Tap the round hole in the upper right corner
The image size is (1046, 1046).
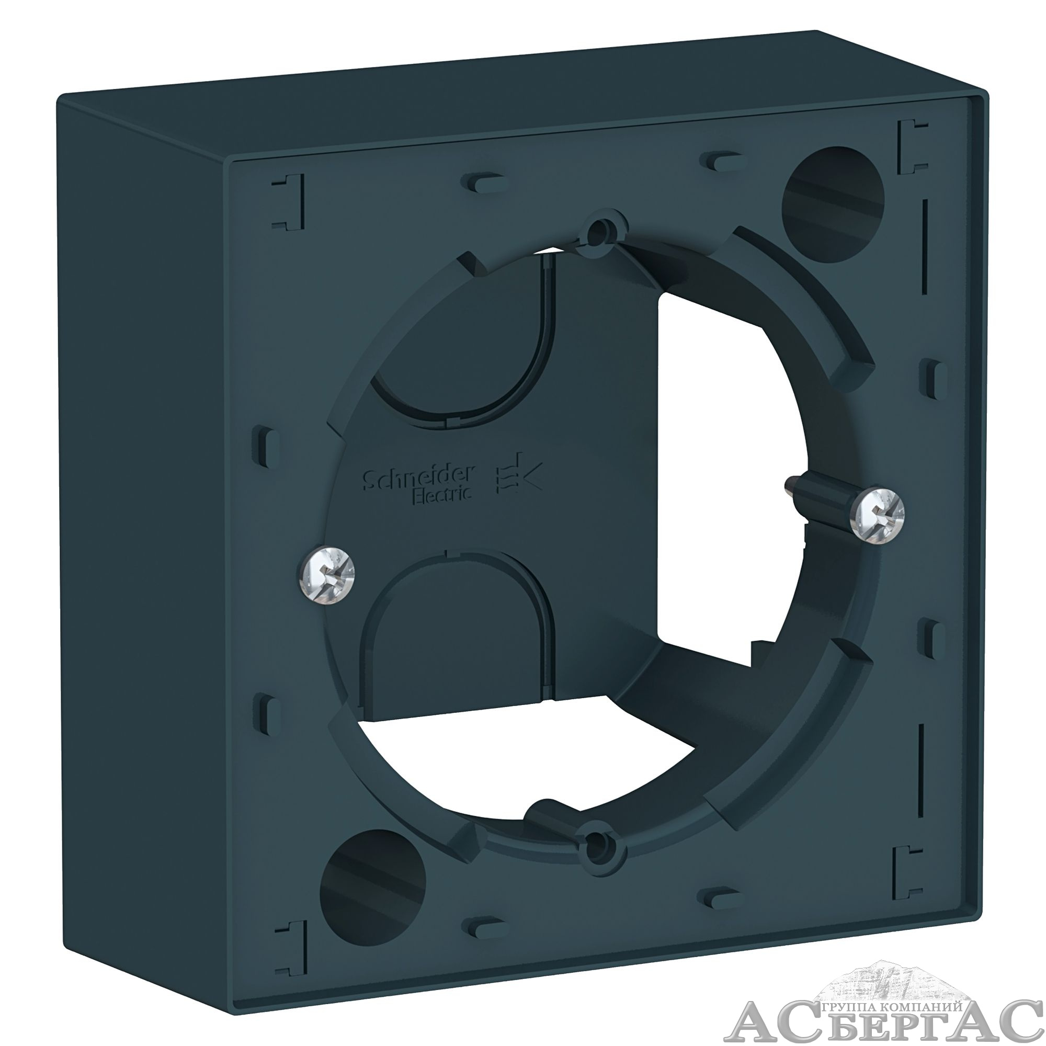[x=833, y=204]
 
